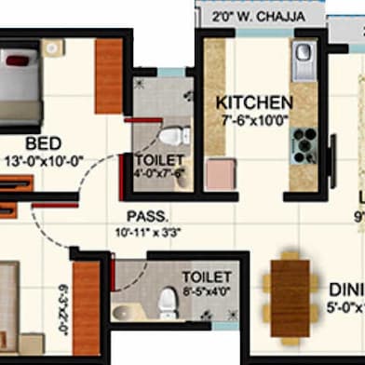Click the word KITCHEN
pyautogui.click(x=254, y=102)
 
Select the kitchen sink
pyautogui.click(x=305, y=61)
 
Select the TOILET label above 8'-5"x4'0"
pyautogui.click(x=200, y=277)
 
